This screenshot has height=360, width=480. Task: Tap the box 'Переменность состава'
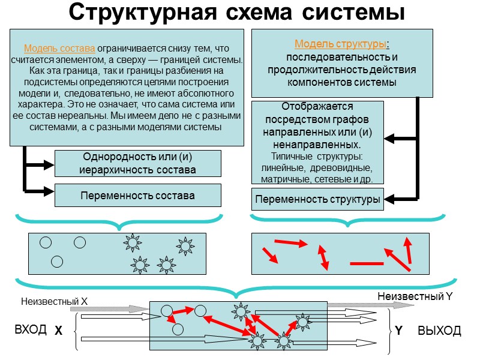(x=137, y=196)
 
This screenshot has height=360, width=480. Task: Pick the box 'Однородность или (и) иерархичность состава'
(x=137, y=163)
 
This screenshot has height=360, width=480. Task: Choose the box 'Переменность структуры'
(x=317, y=199)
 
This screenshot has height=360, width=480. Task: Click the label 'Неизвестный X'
(x=54, y=301)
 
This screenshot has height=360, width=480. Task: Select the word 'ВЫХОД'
(x=440, y=331)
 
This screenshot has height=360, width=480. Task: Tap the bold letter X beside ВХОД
(x=58, y=331)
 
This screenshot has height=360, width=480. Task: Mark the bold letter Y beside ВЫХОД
(x=398, y=331)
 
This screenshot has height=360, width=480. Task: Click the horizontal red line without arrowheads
(x=366, y=263)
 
